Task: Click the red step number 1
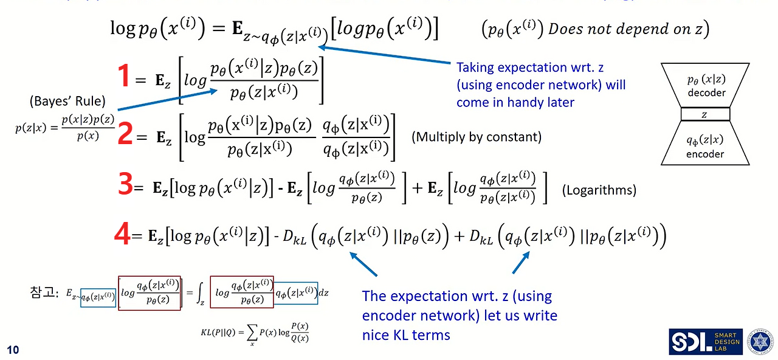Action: [x=123, y=78]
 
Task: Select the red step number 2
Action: [x=125, y=134]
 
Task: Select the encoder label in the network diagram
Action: [x=705, y=154]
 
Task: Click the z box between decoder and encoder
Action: [x=705, y=114]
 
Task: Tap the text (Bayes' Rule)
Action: [x=67, y=100]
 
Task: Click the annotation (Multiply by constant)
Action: [x=477, y=137]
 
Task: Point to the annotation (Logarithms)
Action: [x=599, y=190]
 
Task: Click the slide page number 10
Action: [x=13, y=349]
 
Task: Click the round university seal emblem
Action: [x=759, y=342]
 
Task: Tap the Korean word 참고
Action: [x=41, y=292]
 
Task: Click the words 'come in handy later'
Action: [x=515, y=102]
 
